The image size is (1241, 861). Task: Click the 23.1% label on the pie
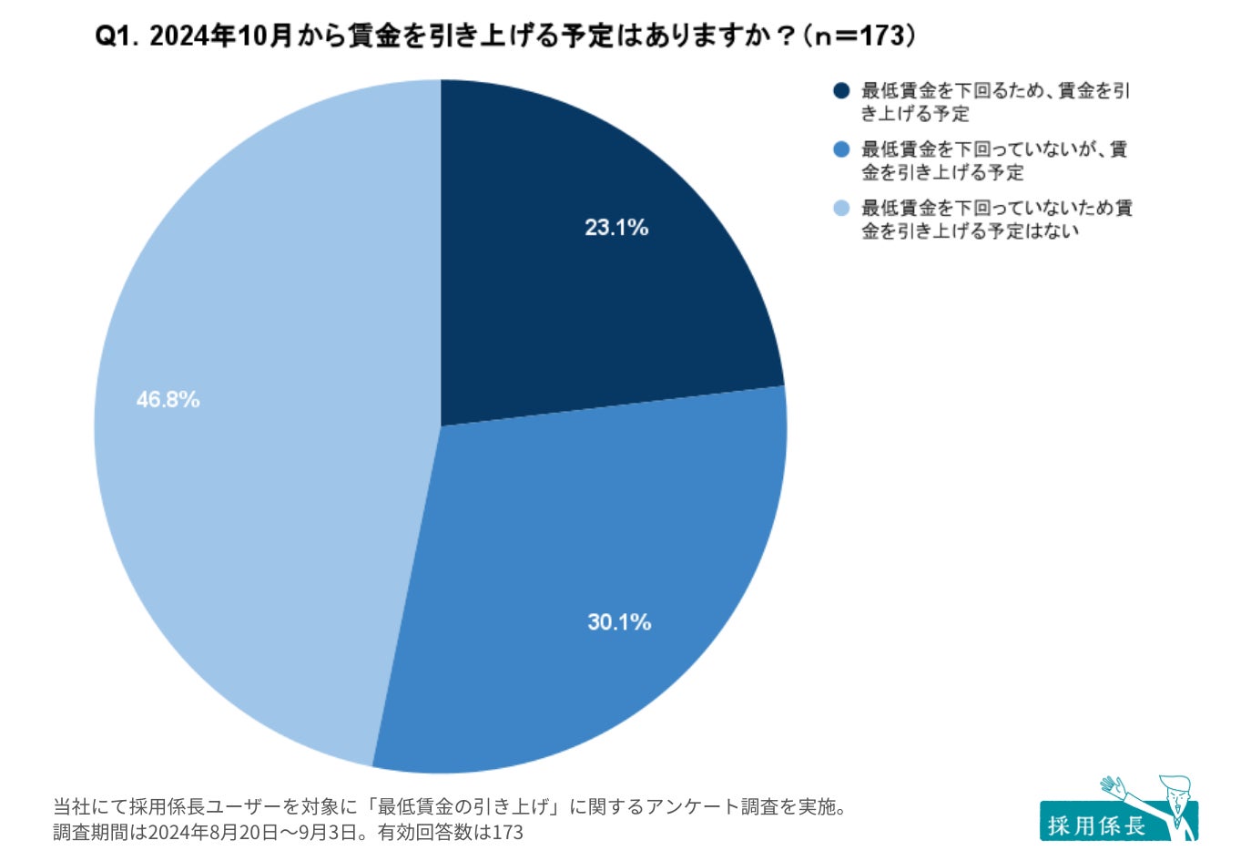pos(616,228)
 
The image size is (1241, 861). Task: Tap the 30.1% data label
pos(619,622)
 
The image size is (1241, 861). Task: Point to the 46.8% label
pos(168,400)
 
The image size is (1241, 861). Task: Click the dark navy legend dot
pos(841,91)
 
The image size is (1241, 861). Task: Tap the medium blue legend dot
pos(841,149)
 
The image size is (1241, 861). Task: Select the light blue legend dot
pos(841,209)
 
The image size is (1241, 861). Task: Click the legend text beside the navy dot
pos(995,102)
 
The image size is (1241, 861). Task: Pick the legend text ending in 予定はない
pos(996,220)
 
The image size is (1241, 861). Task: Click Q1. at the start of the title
pos(117,36)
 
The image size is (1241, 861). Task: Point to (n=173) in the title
pos(860,36)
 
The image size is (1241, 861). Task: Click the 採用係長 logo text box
pos(1096,825)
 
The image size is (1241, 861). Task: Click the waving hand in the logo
pos(1113,786)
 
